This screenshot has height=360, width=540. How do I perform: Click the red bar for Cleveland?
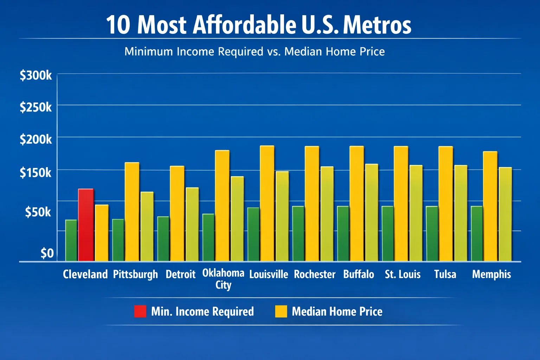[86, 225]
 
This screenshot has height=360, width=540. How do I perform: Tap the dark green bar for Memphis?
[477, 233]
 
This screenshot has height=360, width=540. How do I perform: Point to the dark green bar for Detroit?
[163, 239]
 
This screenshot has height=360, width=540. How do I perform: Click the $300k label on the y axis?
[36, 75]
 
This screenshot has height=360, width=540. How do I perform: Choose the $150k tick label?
[36, 173]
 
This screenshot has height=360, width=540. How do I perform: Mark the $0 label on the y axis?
[47, 253]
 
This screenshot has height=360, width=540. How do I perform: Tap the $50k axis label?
[38, 212]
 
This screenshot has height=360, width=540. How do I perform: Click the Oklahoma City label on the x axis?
[223, 278]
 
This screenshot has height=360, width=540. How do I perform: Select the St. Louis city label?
[403, 274]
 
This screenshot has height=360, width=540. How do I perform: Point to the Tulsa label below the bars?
[445, 274]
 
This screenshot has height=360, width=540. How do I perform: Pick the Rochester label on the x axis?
[315, 274]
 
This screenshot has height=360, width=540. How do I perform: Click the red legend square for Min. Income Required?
[140, 311]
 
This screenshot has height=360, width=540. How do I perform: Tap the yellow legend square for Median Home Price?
[281, 311]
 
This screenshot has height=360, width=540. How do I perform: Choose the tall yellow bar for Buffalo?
[356, 203]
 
